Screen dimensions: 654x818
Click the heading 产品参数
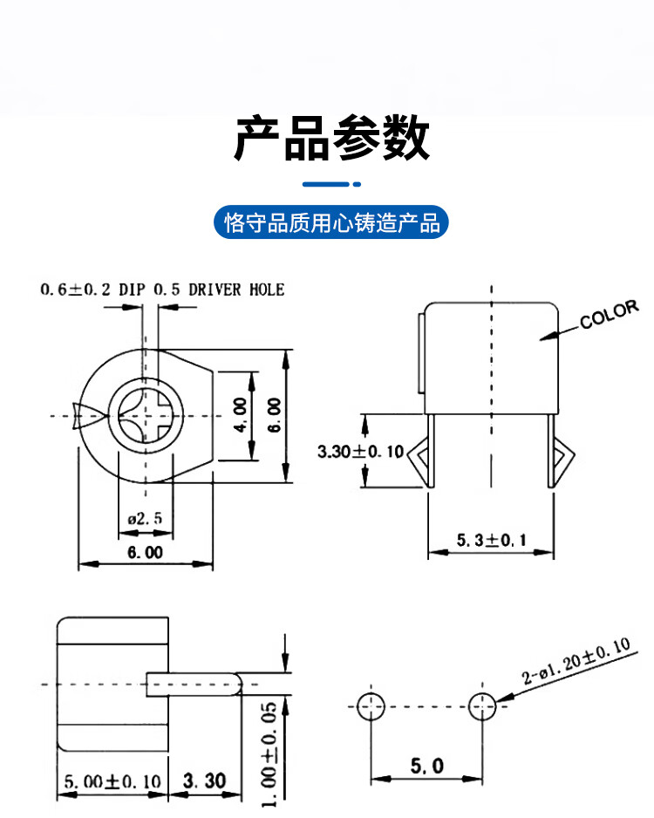pos(332,138)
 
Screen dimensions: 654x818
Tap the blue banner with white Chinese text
pos(331,222)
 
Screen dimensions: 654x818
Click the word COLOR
pos(610,314)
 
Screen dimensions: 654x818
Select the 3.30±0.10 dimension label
pos(361,451)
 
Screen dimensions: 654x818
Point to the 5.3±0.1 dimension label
pos(491,540)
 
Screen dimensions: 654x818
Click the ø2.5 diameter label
pos(145,519)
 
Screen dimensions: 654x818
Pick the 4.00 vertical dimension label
pos(240,415)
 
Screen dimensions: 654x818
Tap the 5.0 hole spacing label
pos(426,766)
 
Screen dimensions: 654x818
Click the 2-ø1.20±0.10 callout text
pos(576,661)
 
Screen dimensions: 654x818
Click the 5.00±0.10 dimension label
pos(112,781)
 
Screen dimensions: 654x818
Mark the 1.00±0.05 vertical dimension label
pos(269,753)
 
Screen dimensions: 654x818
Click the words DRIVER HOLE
pos(236,290)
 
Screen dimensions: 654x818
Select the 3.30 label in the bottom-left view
pos(204,781)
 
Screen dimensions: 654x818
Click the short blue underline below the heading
pos(331,184)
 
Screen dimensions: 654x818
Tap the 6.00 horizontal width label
pos(145,553)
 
